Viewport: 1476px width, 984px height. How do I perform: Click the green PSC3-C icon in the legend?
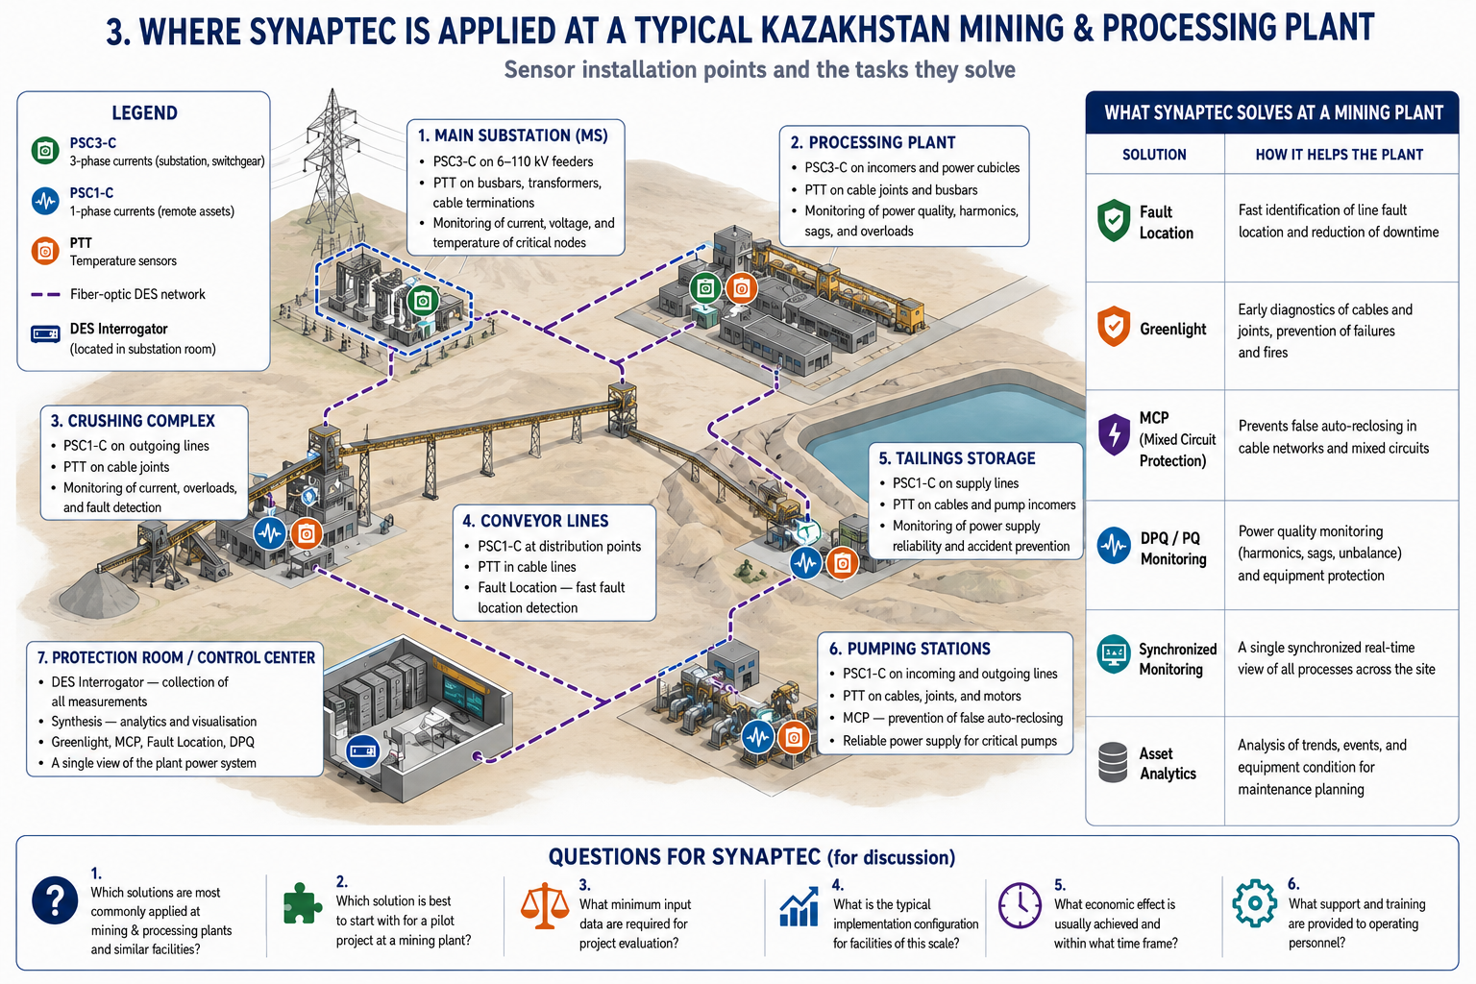(45, 151)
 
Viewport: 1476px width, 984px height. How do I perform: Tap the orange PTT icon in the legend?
(45, 251)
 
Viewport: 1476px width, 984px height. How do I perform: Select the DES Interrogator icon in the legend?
(45, 334)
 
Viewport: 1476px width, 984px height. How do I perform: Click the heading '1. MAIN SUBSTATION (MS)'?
(512, 135)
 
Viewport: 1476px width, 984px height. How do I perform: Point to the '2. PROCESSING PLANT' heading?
(873, 142)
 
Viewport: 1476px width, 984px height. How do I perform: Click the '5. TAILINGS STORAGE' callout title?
(957, 458)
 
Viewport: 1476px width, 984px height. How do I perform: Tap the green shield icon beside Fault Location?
(1114, 221)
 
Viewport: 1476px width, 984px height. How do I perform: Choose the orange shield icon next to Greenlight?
(1114, 327)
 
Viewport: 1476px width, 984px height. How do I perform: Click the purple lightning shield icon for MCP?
(1114, 435)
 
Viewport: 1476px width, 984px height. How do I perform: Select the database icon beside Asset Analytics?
(1113, 763)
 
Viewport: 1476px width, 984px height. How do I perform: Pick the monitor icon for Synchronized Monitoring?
(1114, 653)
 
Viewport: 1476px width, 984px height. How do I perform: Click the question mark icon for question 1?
(55, 900)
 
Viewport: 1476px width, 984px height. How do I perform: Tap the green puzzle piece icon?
(303, 903)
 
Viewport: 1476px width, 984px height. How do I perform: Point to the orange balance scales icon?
(545, 905)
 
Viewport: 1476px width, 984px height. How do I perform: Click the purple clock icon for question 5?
(1020, 905)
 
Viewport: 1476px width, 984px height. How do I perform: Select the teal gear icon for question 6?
(1255, 903)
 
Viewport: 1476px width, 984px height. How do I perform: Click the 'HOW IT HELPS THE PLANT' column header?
(1339, 155)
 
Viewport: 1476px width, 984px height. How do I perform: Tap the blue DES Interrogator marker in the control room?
(362, 751)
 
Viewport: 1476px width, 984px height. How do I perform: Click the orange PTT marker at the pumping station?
(794, 737)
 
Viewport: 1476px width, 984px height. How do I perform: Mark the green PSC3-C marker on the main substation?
(423, 302)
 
